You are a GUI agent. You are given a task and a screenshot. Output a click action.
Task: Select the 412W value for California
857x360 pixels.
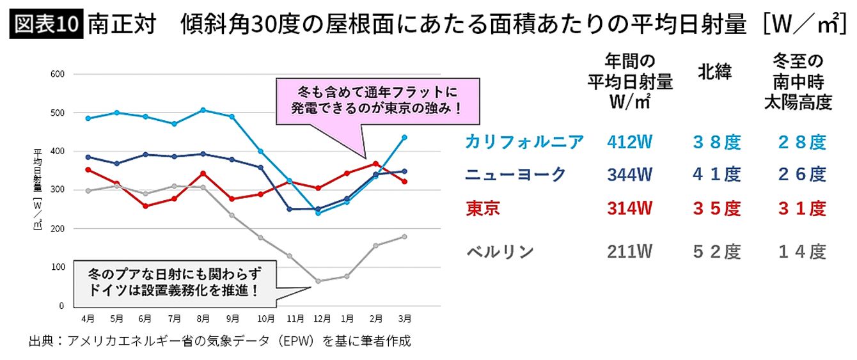(x=630, y=142)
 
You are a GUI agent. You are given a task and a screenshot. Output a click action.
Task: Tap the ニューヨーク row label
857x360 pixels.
(x=515, y=174)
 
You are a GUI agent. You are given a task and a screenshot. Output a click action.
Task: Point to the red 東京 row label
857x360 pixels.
(x=483, y=208)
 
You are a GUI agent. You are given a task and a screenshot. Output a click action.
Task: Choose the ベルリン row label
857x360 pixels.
(x=499, y=251)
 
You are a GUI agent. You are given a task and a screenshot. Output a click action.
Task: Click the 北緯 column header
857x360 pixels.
(x=715, y=72)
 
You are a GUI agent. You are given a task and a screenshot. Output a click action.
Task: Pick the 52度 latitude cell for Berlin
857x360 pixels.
(x=716, y=251)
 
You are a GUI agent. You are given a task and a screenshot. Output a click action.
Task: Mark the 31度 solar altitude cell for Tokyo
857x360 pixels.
(x=802, y=208)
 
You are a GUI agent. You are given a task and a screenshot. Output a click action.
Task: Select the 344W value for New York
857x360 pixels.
(x=630, y=174)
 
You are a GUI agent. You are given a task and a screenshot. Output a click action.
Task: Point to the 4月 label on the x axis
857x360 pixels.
(x=88, y=318)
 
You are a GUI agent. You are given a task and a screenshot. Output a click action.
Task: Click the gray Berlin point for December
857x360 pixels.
(x=318, y=281)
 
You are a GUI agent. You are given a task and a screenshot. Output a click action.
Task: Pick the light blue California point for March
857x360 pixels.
(x=404, y=137)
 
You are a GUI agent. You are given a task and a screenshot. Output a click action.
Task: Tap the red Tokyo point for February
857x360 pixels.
(x=376, y=164)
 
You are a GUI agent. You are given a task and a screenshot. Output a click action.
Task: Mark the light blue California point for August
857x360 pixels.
(x=203, y=110)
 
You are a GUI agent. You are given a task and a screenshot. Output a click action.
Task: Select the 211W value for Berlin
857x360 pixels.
(x=630, y=251)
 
